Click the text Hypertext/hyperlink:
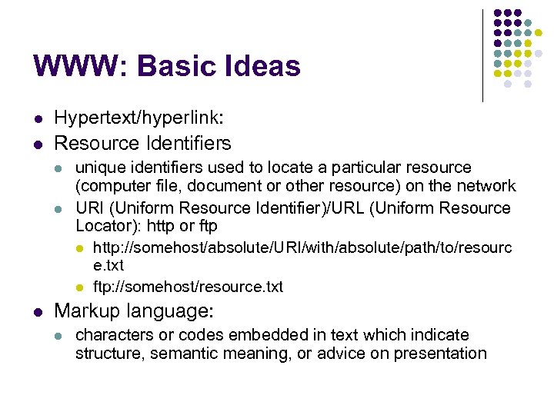tap(138, 118)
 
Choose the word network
tap(487, 186)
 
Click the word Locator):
tap(106, 226)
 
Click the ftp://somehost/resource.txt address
tap(188, 287)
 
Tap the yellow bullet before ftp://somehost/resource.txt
tap(79, 287)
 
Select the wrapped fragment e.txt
tap(108, 266)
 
